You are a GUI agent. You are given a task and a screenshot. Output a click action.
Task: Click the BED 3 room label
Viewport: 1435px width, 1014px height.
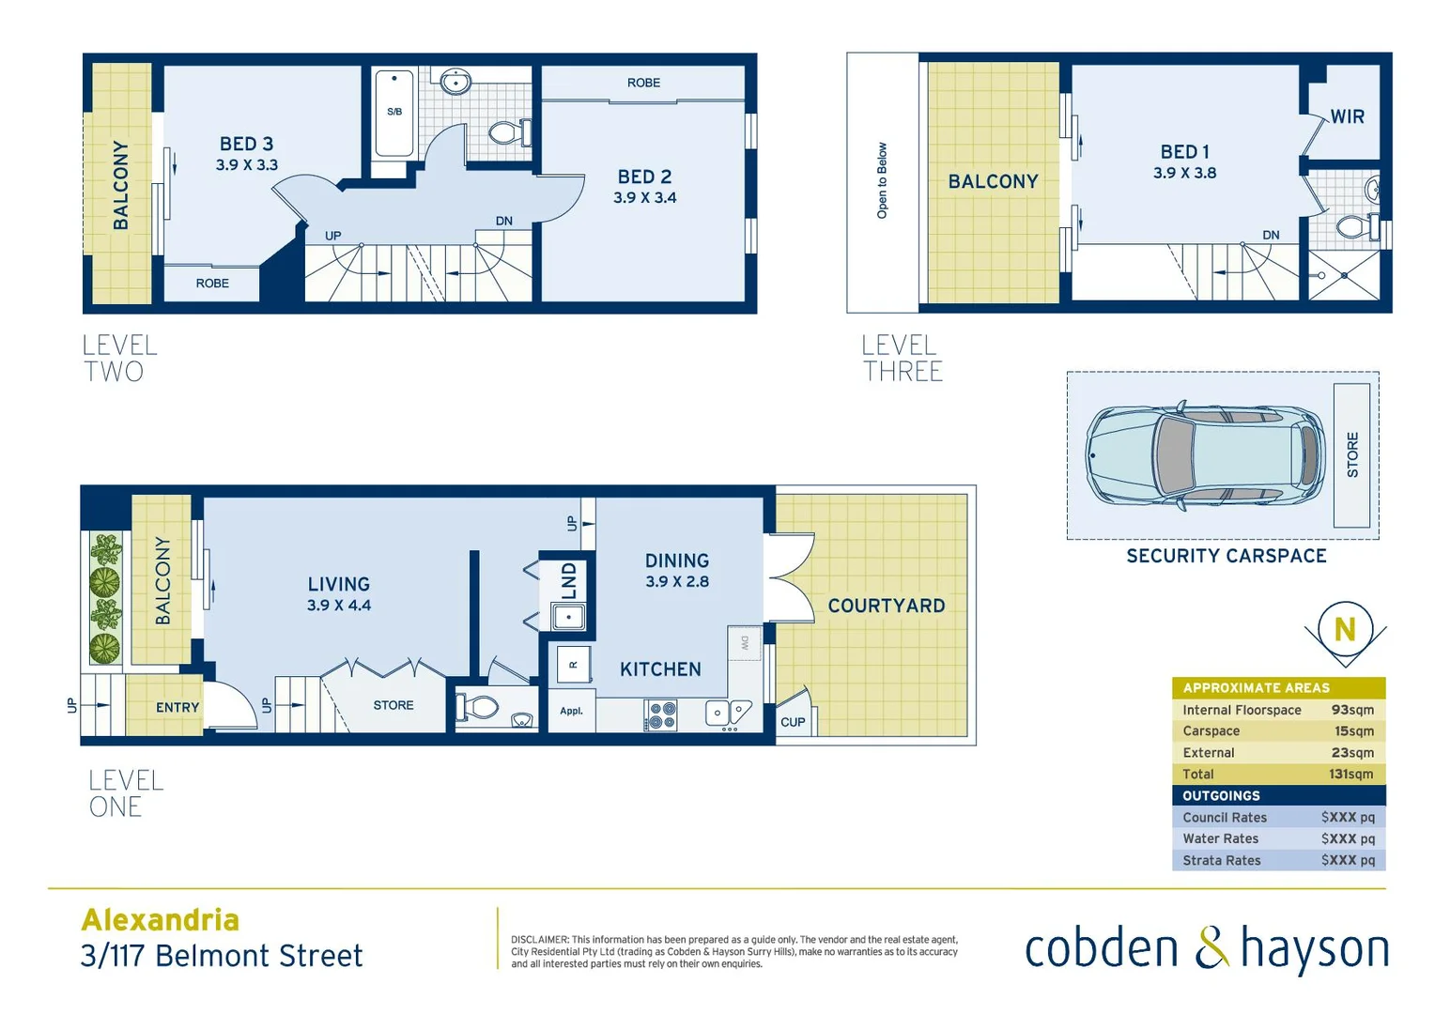click(246, 144)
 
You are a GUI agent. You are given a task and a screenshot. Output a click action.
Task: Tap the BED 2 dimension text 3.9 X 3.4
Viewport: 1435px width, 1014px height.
click(644, 198)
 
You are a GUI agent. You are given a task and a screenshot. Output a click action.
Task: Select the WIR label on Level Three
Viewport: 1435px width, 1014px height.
click(1347, 116)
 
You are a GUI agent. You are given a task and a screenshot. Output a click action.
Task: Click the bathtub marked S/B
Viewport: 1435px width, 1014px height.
click(394, 113)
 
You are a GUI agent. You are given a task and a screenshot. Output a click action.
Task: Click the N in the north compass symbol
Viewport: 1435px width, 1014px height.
click(1345, 629)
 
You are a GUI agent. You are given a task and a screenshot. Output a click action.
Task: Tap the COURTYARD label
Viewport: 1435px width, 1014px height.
click(886, 606)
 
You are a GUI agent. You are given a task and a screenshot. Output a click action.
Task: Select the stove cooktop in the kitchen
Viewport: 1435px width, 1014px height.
click(661, 715)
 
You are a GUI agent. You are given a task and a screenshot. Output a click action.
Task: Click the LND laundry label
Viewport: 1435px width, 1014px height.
click(569, 580)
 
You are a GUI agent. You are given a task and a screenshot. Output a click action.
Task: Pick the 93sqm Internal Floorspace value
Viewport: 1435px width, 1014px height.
click(1352, 710)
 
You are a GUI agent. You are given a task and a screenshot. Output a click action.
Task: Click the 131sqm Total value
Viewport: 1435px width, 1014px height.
click(1350, 774)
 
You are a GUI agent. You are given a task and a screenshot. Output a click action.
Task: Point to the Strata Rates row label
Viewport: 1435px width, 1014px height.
click(1221, 860)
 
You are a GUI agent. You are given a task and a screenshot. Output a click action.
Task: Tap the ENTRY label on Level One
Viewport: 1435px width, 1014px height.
click(177, 707)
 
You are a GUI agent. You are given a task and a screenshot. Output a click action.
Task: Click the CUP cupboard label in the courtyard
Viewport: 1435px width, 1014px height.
click(793, 722)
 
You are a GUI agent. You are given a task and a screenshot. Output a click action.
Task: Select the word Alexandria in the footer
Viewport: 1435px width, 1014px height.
click(161, 919)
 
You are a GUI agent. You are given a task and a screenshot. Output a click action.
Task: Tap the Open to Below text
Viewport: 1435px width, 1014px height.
click(882, 181)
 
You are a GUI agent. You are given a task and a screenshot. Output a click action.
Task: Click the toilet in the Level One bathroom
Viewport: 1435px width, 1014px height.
click(480, 706)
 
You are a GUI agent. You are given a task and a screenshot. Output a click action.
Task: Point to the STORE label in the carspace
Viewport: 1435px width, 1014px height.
click(1352, 454)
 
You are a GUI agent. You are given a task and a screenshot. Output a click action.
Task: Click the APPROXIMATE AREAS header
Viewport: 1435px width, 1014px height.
click(1256, 687)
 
